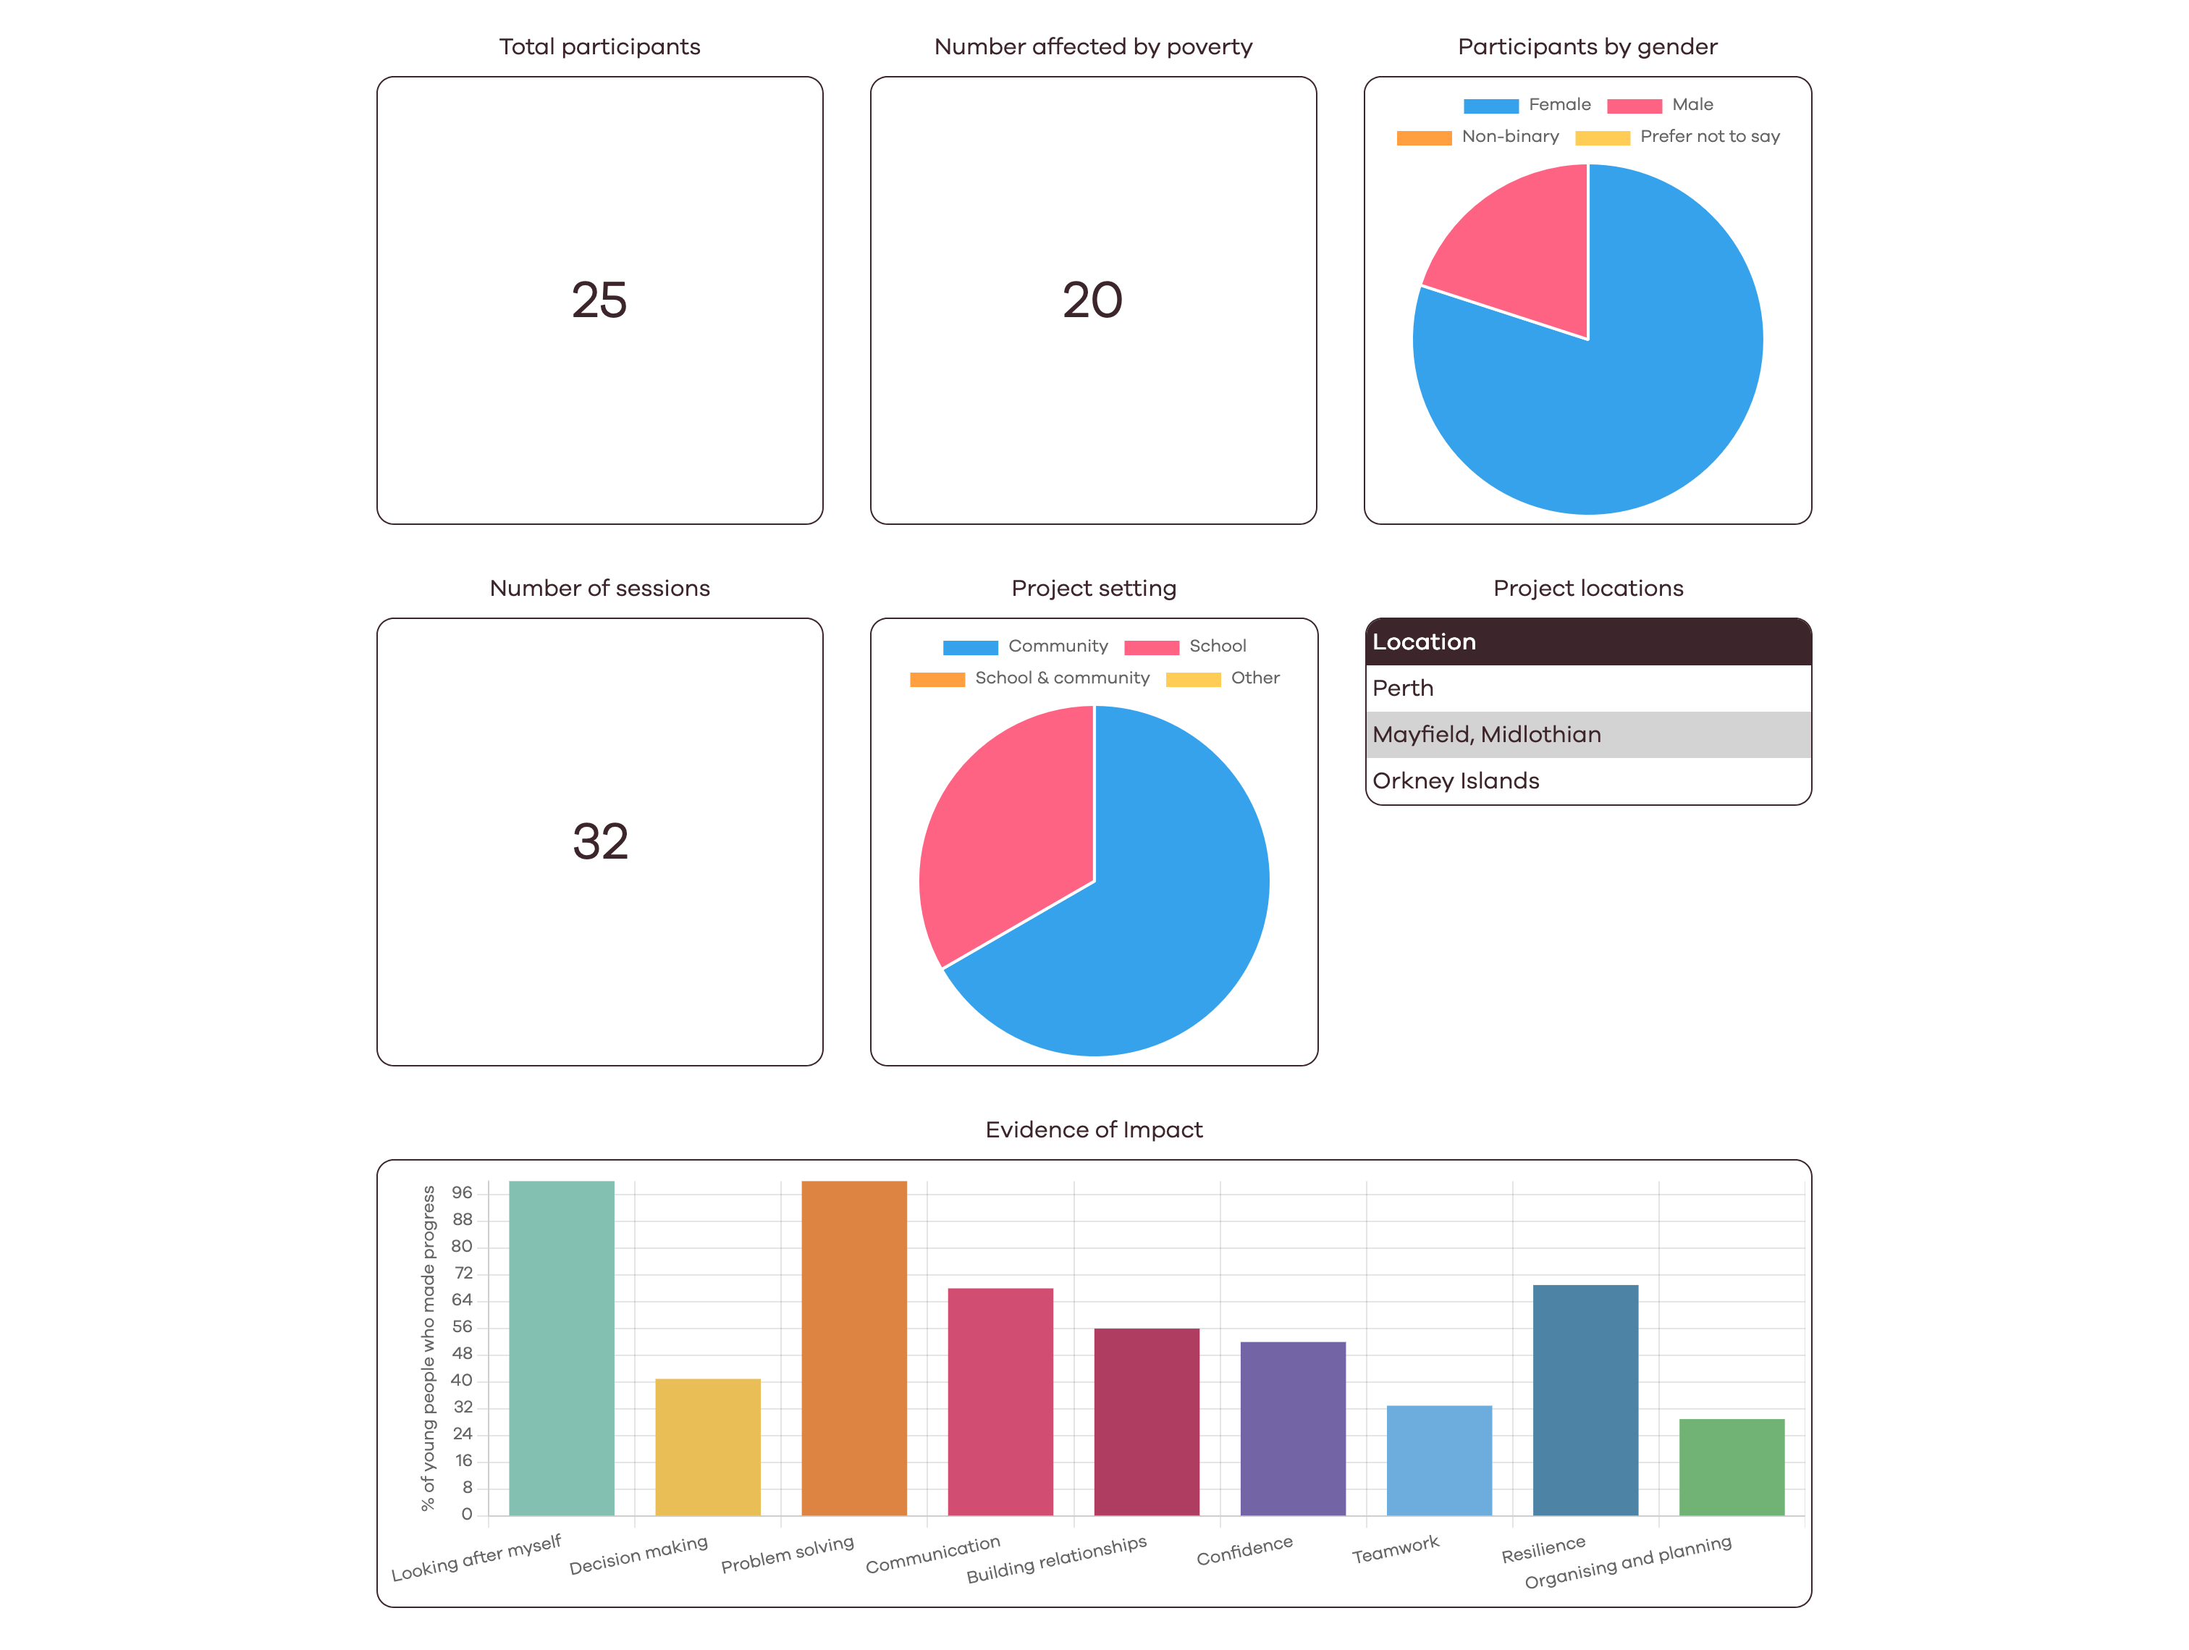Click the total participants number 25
pos(599,300)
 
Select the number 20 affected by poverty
pos(1092,300)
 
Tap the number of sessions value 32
pos(599,841)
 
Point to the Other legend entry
pos(1223,678)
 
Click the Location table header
pos(1587,641)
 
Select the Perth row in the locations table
pos(1587,688)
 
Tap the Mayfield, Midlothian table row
pos(1587,734)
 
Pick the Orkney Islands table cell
pos(1587,781)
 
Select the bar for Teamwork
pos(1439,1460)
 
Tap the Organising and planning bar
pos(1732,1467)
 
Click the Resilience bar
pos(1585,1399)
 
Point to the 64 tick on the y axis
pos(462,1300)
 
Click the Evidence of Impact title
pos(1094,1129)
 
